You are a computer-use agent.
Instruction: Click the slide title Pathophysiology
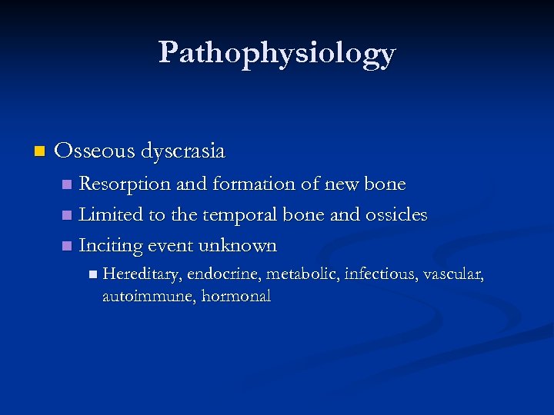pos(277,53)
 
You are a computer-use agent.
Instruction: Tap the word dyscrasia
pos(182,151)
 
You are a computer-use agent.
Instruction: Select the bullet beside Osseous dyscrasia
pos(40,151)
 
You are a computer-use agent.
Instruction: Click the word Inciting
pos(110,246)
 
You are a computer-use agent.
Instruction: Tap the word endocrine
pos(223,274)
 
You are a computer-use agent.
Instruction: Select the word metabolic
pos(303,274)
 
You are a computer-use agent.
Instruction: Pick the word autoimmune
pos(149,296)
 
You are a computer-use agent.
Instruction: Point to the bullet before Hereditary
pos(92,274)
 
